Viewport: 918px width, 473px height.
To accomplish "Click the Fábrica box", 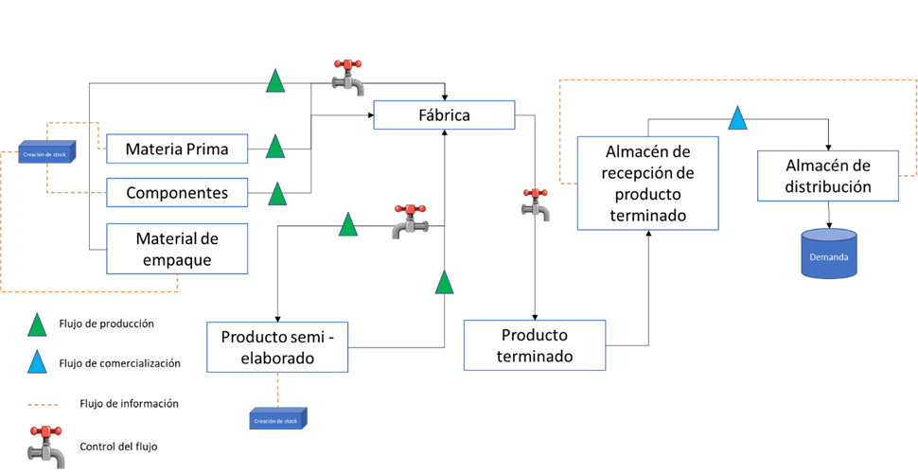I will pos(444,115).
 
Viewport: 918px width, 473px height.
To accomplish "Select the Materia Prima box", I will pos(176,149).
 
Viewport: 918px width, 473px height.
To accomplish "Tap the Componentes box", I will pos(176,193).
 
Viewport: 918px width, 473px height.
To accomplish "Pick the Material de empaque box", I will pos(176,249).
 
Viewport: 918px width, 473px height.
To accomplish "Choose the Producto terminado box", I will pos(535,345).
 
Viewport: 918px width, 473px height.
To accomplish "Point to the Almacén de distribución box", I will pos(828,175).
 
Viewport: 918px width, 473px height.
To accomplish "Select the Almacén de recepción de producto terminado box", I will pos(647,183).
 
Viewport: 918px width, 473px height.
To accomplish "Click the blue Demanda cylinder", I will pos(828,254).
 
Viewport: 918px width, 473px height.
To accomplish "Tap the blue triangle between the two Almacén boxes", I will pos(737,118).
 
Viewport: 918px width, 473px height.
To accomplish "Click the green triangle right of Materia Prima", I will pos(275,147).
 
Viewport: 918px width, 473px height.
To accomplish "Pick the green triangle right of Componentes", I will pos(277,195).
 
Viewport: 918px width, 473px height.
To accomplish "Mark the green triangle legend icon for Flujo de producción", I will pos(37,324).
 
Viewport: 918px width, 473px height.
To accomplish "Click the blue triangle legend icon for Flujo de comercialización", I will pos(37,362).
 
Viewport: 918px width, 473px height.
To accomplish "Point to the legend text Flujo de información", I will pos(130,404).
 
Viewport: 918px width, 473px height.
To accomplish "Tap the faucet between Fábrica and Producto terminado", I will pos(536,204).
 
